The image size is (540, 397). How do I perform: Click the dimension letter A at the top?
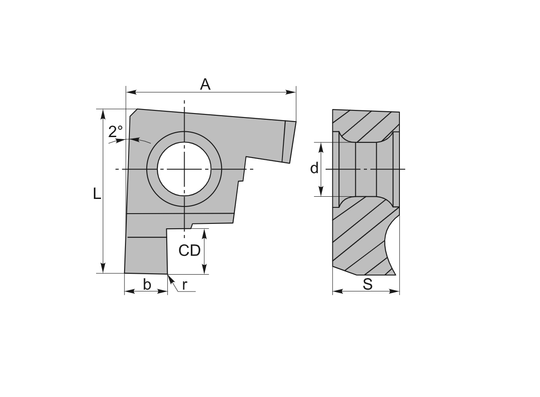[x=205, y=84]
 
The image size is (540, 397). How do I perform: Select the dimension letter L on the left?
[x=97, y=194]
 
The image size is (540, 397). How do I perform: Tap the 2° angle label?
[x=116, y=131]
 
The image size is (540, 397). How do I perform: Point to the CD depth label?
[x=189, y=251]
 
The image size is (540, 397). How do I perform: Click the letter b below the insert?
[x=147, y=284]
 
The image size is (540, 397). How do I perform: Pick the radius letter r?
[x=184, y=285]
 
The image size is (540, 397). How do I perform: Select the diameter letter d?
[x=314, y=168]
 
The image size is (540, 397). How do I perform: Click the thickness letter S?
[x=367, y=284]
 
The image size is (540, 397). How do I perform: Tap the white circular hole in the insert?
[x=184, y=169]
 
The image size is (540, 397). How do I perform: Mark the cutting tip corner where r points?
[x=168, y=274]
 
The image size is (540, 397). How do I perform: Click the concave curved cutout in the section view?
[x=390, y=243]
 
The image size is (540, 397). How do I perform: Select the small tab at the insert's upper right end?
[x=289, y=142]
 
